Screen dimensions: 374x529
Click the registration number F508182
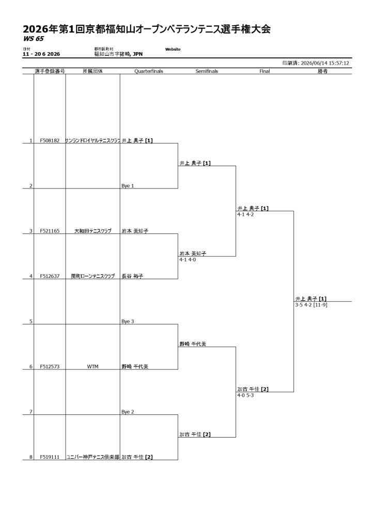click(50, 141)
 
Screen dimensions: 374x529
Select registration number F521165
click(50, 231)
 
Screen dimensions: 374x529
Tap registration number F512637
click(50, 276)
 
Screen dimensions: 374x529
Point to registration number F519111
click(50, 457)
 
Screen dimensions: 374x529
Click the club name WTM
click(93, 367)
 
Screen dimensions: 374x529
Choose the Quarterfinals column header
click(149, 71)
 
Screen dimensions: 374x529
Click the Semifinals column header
click(207, 71)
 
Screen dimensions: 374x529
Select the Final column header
click(264, 71)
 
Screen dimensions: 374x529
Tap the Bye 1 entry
click(128, 186)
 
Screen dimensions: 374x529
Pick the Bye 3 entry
click(128, 321)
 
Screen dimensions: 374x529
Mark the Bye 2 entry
click(128, 412)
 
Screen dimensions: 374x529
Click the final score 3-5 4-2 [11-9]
click(311, 305)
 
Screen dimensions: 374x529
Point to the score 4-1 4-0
click(188, 260)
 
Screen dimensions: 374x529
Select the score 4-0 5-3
click(245, 395)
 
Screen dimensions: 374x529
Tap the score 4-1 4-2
click(245, 214)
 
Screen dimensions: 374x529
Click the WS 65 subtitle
click(34, 39)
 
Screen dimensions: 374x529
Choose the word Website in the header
click(173, 49)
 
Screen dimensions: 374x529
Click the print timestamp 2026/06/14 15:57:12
click(325, 63)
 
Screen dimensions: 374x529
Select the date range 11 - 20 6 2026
click(41, 54)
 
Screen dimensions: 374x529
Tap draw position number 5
click(31, 321)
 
